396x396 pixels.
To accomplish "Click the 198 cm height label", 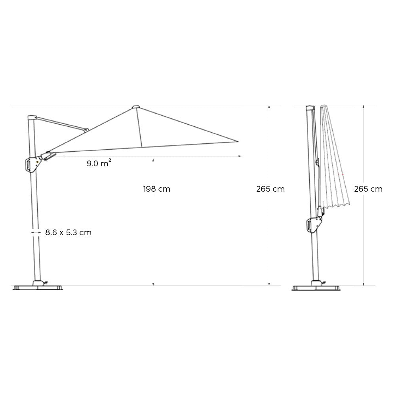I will pyautogui.click(x=157, y=189).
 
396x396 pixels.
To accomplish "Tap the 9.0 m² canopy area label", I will pyautogui.click(x=99, y=163).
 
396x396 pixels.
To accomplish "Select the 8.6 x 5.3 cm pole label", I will pyautogui.click(x=68, y=232).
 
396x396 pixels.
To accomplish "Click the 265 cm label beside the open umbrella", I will pyautogui.click(x=270, y=189).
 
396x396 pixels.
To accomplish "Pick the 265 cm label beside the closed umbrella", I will pyautogui.click(x=368, y=189).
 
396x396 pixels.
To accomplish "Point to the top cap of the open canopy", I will pyautogui.click(x=136, y=107).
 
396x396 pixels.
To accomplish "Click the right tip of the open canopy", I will pyautogui.click(x=238, y=141).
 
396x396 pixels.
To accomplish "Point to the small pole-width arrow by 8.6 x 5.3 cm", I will pyautogui.click(x=35, y=233).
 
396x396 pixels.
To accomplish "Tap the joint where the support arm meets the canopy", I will pyautogui.click(x=86, y=129).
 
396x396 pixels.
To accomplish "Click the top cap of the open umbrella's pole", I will pyautogui.click(x=31, y=117).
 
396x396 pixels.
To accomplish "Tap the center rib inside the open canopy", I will pyautogui.click(x=139, y=127).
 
